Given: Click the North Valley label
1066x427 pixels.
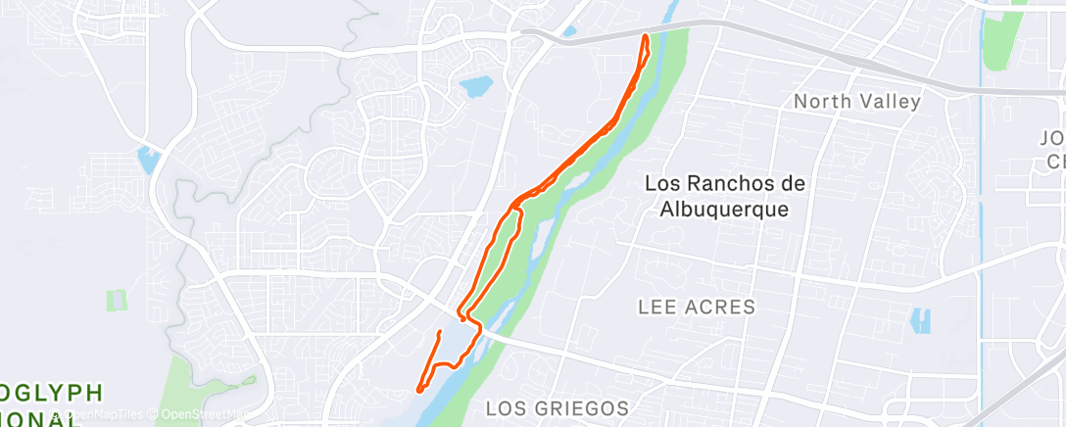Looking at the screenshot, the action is point(857,101).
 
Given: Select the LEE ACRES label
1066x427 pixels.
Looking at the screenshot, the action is point(697,308).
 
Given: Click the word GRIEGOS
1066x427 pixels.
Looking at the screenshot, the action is point(587,407).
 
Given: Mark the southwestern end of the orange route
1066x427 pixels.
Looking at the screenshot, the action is point(419,389).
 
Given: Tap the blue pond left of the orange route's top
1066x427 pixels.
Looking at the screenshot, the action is point(475,87).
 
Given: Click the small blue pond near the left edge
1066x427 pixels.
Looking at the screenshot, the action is point(148,159).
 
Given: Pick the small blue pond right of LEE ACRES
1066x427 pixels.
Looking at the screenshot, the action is point(920,321).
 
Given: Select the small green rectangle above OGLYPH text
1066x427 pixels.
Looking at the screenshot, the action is point(118,301).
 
